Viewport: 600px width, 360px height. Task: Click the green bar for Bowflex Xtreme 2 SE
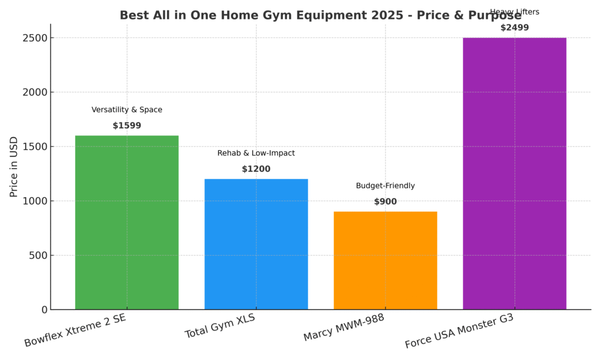[x=127, y=223]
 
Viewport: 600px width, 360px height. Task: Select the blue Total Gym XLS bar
[x=256, y=244]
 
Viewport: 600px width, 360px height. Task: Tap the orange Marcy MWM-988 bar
[x=385, y=260]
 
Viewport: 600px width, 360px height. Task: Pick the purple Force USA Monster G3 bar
[x=514, y=174]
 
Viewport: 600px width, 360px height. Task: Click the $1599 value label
[x=127, y=125]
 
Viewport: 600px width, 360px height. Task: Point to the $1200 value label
[x=256, y=169]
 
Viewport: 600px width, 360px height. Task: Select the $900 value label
[x=385, y=202]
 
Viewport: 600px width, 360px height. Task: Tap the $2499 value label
[x=514, y=28]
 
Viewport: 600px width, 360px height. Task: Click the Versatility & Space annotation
[x=127, y=110]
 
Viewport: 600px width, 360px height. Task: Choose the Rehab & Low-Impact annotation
[x=256, y=153]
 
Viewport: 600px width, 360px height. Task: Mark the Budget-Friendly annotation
[x=385, y=186]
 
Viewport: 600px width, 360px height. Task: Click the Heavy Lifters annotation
[x=514, y=12]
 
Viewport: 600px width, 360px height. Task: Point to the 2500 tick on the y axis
[x=35, y=38]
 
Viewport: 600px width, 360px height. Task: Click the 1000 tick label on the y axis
[x=35, y=201]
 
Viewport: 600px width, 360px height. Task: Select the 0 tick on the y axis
[x=43, y=310]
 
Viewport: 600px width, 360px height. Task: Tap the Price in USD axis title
[x=14, y=167]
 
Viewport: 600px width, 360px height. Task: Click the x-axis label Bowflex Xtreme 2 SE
[x=75, y=330]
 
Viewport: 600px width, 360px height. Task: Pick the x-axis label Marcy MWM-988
[x=344, y=328]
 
